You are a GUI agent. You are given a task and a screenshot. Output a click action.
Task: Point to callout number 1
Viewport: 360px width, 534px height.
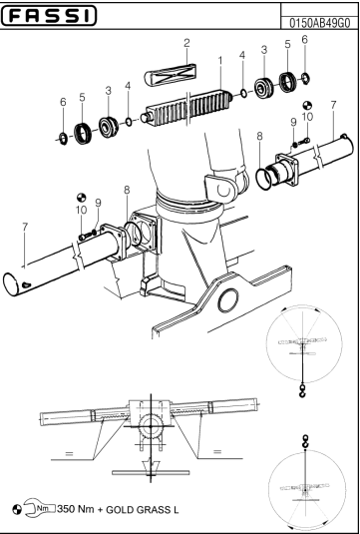pos(219,62)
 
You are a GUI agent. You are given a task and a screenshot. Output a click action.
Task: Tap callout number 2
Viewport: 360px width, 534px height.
pos(185,42)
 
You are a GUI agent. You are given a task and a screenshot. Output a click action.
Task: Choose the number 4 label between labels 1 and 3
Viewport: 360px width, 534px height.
pos(242,54)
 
